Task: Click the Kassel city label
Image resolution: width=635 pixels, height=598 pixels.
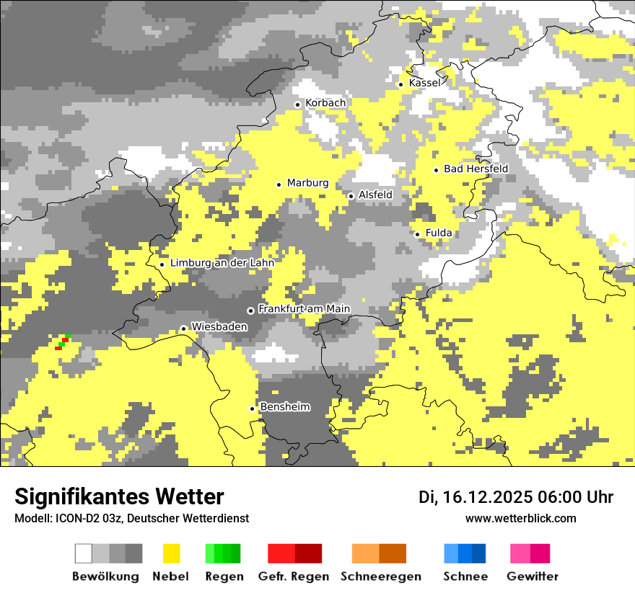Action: click(x=424, y=83)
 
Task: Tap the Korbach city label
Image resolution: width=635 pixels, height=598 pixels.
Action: click(x=325, y=103)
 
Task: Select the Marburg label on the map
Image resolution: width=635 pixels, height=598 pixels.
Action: click(x=307, y=183)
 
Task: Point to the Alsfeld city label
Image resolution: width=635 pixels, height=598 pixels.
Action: click(x=375, y=195)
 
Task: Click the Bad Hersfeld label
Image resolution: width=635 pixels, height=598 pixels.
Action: click(x=476, y=169)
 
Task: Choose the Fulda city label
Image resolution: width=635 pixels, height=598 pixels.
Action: click(x=439, y=233)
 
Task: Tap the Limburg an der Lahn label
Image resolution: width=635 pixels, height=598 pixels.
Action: click(x=222, y=263)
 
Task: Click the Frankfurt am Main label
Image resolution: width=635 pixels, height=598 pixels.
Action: click(x=304, y=309)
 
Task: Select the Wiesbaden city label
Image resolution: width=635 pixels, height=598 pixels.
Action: click(x=219, y=327)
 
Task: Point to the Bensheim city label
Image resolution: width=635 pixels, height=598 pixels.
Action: click(x=284, y=407)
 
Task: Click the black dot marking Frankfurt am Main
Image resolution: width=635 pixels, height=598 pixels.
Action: click(x=250, y=311)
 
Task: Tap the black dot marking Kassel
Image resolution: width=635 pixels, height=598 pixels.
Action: click(x=400, y=84)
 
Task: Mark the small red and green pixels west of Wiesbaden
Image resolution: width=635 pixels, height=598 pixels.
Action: click(x=63, y=342)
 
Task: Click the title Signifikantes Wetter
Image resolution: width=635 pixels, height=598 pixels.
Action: click(x=119, y=496)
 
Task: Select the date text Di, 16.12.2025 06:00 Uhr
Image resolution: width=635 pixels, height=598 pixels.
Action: click(x=516, y=497)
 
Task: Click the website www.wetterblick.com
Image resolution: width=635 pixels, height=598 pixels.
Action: click(x=520, y=518)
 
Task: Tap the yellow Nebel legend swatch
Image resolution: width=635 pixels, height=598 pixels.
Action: click(x=172, y=553)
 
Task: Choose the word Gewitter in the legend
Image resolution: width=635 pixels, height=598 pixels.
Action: click(x=532, y=576)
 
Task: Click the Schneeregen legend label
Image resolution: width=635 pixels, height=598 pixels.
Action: click(x=380, y=576)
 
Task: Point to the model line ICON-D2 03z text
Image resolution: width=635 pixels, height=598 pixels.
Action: click(x=131, y=518)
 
